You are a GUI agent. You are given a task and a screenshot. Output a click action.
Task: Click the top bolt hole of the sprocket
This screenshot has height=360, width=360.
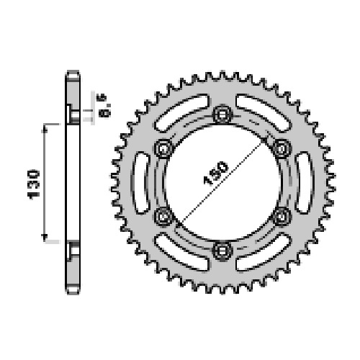pos(222,114)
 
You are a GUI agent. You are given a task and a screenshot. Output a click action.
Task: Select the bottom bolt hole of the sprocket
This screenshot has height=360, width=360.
pos(222,251)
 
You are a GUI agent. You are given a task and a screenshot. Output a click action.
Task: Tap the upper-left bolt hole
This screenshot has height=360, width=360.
pos(163,148)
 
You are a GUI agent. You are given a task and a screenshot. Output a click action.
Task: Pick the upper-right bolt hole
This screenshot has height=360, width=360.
pos(282,148)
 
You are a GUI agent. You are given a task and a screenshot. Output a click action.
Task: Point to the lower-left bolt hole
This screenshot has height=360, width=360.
pos(163,217)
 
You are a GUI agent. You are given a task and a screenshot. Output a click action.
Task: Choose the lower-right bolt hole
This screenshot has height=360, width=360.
pos(282,217)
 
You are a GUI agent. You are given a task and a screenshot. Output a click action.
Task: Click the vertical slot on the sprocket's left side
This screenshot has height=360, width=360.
pos(140,182)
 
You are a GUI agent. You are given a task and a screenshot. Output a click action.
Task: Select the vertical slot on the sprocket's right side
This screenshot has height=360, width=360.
pos(305,182)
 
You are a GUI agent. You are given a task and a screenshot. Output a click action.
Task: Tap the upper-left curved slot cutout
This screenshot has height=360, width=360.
pos(181,112)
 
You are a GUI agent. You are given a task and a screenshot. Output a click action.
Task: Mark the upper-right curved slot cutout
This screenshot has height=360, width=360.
pos(264,112)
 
